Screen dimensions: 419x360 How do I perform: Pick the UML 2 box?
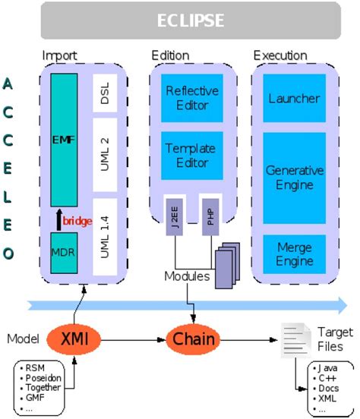coord(105,152)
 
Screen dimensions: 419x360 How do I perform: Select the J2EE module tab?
coord(175,216)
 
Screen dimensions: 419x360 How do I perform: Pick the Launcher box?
coord(294,98)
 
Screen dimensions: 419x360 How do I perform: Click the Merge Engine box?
coord(294,254)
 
